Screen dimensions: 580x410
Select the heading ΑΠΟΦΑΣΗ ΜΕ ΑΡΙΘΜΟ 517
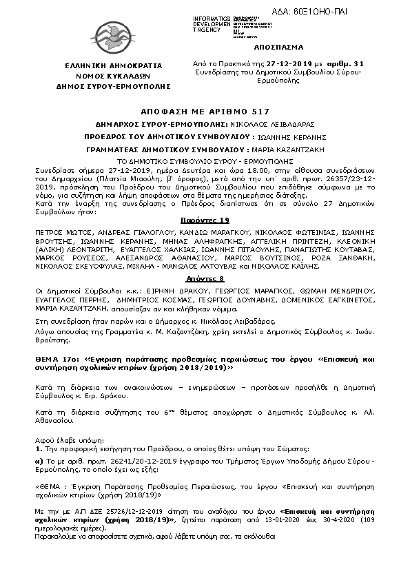click(205, 111)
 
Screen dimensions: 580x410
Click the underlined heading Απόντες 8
click(205, 279)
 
